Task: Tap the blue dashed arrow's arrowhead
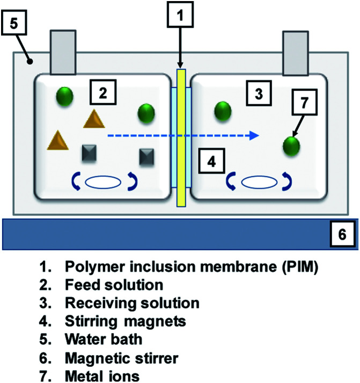coord(256,136)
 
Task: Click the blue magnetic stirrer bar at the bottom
coord(161,234)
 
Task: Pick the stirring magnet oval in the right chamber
coord(258,183)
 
